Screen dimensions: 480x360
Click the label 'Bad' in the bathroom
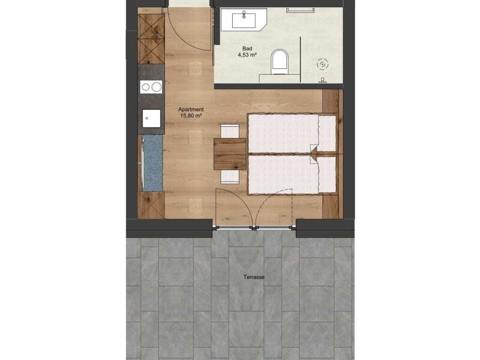(x=247, y=49)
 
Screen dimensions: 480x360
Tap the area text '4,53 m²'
(x=247, y=55)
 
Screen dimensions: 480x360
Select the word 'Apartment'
(x=191, y=109)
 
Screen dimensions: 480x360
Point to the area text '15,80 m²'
(x=191, y=116)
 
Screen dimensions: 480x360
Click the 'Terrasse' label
(x=254, y=277)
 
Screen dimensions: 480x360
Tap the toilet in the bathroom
(x=280, y=62)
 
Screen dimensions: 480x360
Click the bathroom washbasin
(x=244, y=19)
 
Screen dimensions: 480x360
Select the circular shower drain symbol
(x=322, y=64)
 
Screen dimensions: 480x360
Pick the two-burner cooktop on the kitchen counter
(x=151, y=87)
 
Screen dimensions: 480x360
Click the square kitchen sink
(x=151, y=118)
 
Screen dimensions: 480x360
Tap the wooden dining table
(x=230, y=154)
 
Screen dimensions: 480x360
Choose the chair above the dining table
(x=230, y=131)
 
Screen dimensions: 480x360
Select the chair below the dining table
(x=230, y=177)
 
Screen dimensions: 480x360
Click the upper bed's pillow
(x=327, y=133)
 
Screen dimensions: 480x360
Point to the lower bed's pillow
(x=328, y=175)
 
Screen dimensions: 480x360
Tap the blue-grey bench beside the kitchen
(x=152, y=163)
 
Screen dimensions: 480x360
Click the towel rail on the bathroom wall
(x=301, y=10)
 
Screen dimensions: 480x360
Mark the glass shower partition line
(x=301, y=59)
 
